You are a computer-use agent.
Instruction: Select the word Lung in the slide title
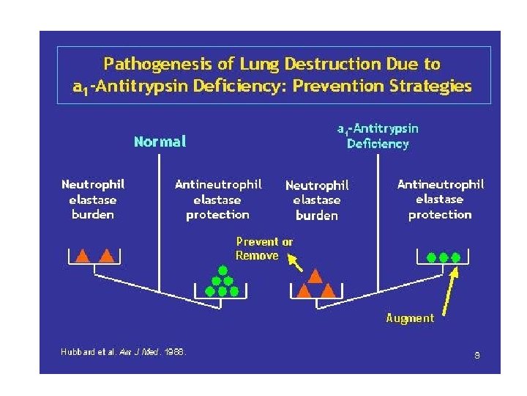coord(239,65)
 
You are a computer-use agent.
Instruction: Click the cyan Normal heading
coord(160,141)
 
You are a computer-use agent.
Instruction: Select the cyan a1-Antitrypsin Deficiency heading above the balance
coord(378,136)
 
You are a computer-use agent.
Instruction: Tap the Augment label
coord(410,318)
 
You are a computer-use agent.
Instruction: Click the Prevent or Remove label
coord(263,249)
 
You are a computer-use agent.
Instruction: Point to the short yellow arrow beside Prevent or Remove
coord(295,262)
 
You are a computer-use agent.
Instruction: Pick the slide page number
coord(476,356)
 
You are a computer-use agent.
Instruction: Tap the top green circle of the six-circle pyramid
coord(222,270)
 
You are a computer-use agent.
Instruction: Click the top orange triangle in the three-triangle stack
coord(315,276)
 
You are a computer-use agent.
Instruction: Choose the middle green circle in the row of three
coord(443,257)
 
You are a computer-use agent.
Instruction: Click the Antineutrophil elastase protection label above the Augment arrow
coord(440,199)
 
